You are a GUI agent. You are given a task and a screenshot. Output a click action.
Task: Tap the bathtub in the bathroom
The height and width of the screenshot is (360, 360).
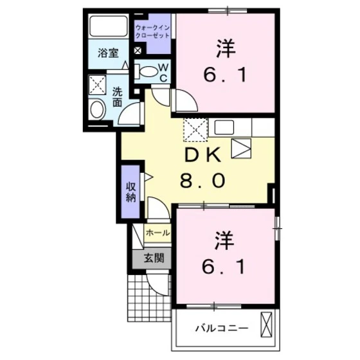click(x=109, y=27)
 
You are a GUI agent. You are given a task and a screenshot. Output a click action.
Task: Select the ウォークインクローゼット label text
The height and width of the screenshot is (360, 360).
click(x=153, y=32)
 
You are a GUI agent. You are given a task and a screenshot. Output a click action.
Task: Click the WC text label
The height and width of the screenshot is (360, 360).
click(x=163, y=72)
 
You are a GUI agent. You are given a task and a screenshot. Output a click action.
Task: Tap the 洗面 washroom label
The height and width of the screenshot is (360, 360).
click(x=118, y=96)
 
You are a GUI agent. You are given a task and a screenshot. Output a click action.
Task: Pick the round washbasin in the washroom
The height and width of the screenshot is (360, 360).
click(x=98, y=109)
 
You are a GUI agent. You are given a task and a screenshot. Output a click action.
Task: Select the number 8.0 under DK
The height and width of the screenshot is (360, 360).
click(x=202, y=181)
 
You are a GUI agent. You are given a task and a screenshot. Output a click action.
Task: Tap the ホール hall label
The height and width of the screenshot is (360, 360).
click(x=158, y=233)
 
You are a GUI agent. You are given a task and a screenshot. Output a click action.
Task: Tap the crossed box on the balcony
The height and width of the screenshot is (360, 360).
click(x=267, y=325)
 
